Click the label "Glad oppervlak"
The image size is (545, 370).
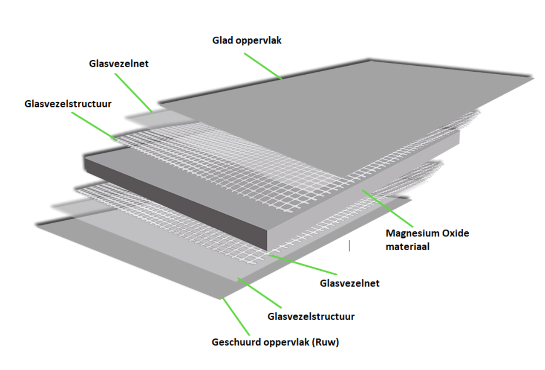(247, 41)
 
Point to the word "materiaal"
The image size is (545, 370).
(407, 246)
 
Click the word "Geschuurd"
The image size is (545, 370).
(236, 342)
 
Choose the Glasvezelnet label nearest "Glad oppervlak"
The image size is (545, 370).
(119, 64)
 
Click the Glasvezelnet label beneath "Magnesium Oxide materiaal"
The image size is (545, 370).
(349, 283)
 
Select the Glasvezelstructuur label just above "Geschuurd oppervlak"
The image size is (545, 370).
(311, 317)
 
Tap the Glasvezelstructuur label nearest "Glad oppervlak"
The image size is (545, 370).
(68, 104)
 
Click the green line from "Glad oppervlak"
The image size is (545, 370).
(262, 66)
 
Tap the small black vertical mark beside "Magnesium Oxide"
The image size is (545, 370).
(349, 245)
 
